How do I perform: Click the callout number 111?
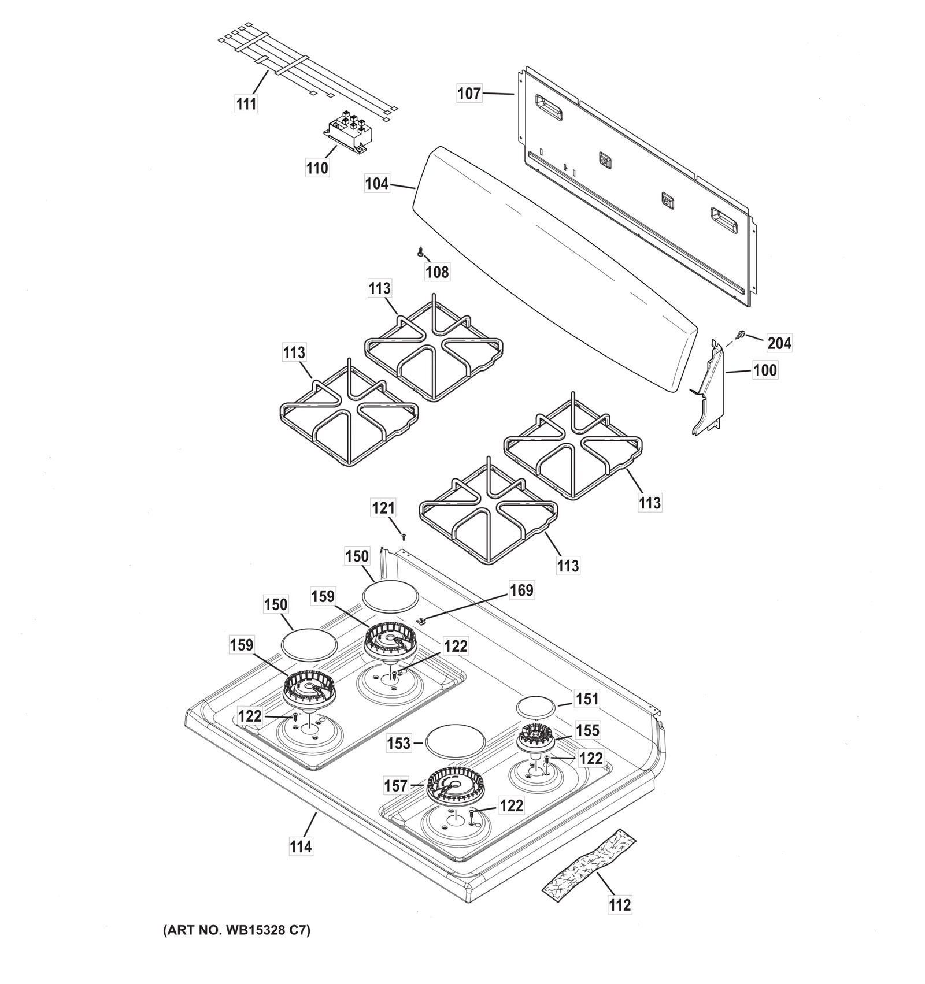point(246,104)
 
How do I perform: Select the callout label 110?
point(317,168)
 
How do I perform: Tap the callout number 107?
point(469,93)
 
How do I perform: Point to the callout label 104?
point(377,184)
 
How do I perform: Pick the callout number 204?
point(779,343)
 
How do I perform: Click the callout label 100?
point(765,370)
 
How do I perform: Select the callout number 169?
point(521,591)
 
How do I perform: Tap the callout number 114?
point(301,846)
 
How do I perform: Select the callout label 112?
point(620,904)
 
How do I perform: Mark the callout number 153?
point(399,744)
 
